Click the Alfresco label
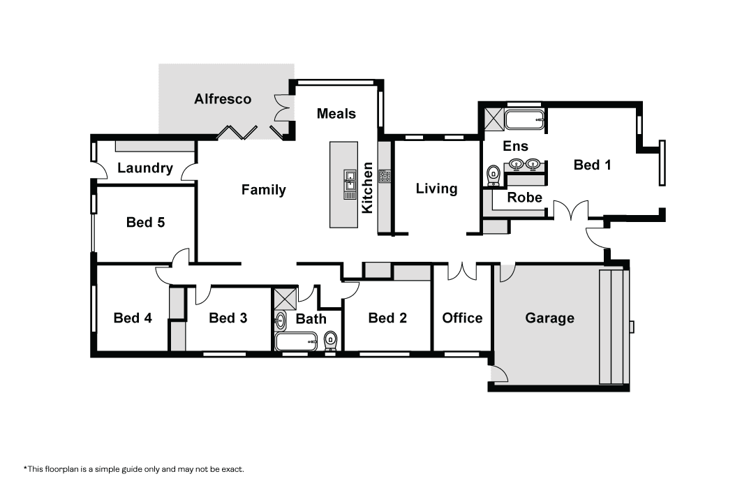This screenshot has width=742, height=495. coord(223,99)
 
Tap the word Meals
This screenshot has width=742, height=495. coord(336,114)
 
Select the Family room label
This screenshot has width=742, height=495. coord(264,190)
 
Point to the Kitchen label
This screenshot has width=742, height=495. coord(367,188)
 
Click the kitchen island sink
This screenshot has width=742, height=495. coord(350,184)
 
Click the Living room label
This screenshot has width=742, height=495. coord(436,189)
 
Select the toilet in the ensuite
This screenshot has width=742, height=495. coord(493,175)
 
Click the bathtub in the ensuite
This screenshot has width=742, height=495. coord(525,119)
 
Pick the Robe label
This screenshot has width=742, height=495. coord(524,197)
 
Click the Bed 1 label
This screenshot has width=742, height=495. coord(592,165)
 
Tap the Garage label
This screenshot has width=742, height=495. coord(549,318)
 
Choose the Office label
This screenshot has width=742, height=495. coord(462,318)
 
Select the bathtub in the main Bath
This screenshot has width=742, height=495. coord(296,341)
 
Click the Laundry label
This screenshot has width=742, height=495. coord(144,168)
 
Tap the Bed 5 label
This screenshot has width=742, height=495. coord(145,222)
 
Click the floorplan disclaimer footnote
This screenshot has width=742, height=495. coord(134,469)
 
